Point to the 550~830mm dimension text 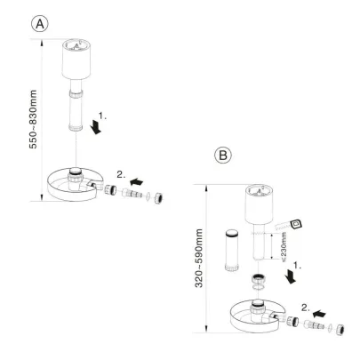[12, 120]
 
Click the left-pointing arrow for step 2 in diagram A [139, 180]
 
